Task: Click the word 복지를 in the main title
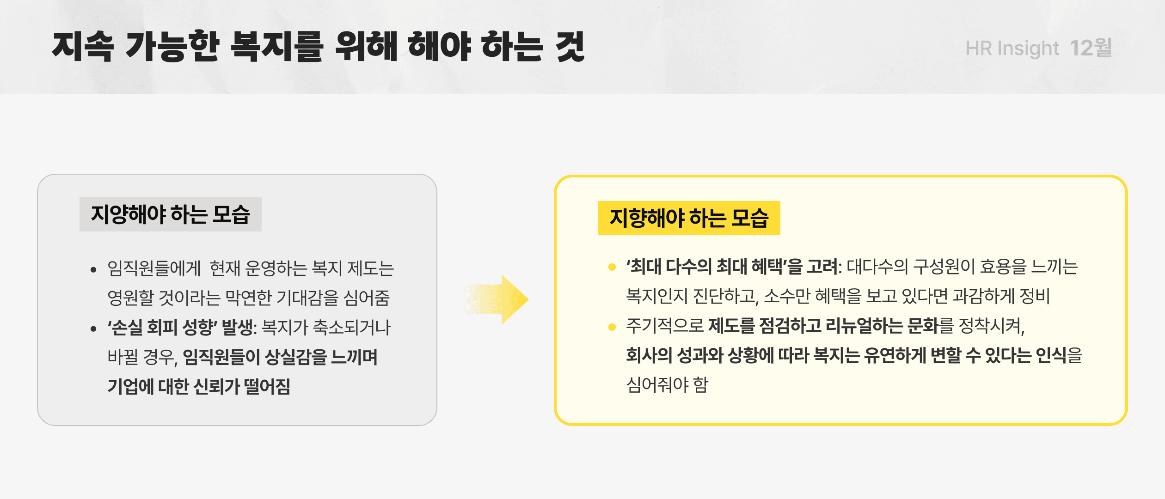tap(276, 46)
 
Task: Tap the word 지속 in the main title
tap(83, 46)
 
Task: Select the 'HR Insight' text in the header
tap(1012, 48)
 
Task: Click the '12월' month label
tap(1091, 48)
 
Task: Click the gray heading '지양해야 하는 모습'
tap(170, 214)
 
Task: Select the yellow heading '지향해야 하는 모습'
tap(689, 218)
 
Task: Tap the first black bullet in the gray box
tap(94, 269)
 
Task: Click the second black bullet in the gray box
tap(94, 329)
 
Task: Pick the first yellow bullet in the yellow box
tap(612, 267)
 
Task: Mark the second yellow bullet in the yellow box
tap(612, 327)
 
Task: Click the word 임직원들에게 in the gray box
tap(154, 268)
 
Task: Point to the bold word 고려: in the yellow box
tap(824, 267)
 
